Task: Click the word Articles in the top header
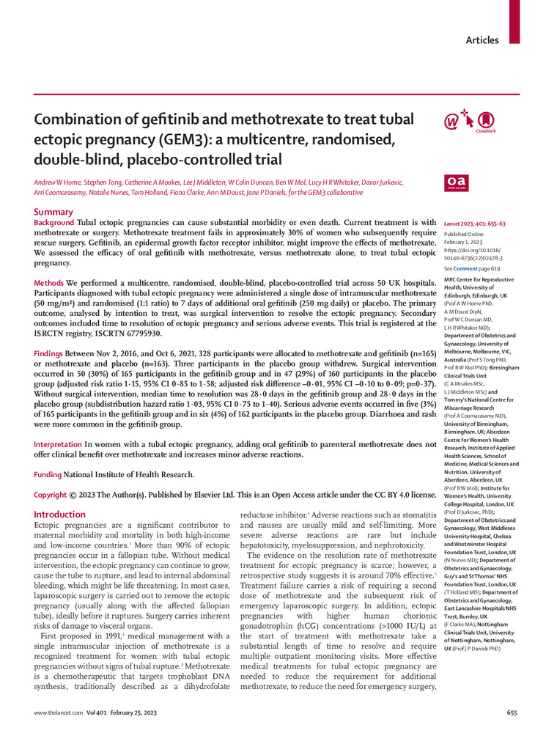click(x=482, y=40)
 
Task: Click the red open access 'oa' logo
click(x=456, y=182)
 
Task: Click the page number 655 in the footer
click(x=512, y=712)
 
